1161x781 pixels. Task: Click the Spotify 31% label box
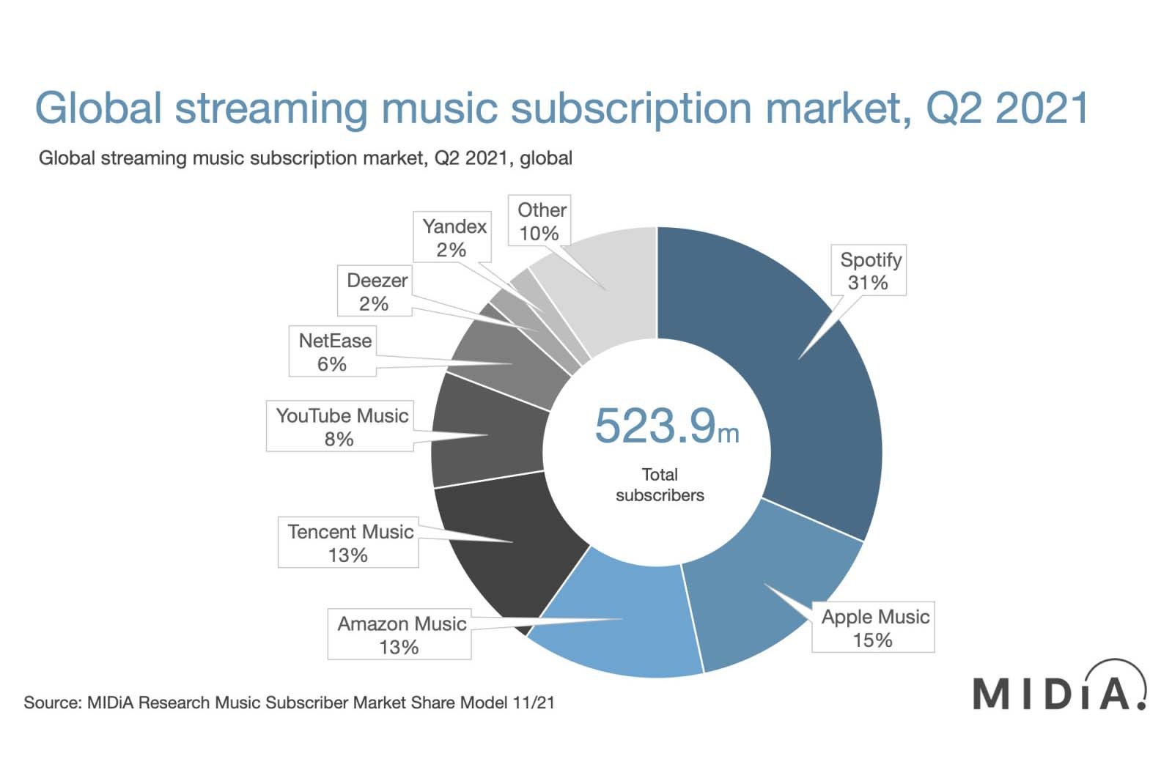869,271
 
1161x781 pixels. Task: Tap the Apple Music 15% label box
873,628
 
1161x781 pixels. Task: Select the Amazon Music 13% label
399,635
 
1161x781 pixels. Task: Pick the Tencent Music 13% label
348,543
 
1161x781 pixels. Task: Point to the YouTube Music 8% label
340,426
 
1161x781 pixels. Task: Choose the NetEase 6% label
333,352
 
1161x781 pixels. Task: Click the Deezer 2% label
375,292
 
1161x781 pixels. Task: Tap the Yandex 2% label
452,237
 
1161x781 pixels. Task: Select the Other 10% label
540,221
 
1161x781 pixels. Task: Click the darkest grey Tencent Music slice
506,542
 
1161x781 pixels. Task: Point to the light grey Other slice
608,286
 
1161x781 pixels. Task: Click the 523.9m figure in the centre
666,426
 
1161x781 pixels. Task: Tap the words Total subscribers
660,485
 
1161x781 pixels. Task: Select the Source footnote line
289,703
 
